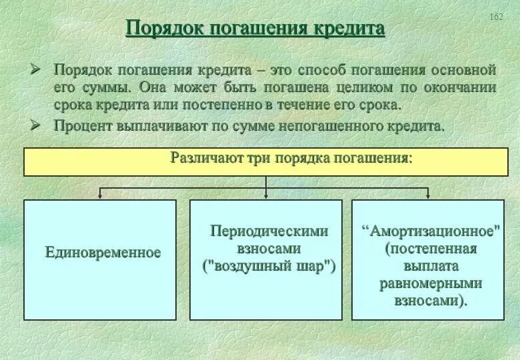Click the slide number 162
(x=496, y=17)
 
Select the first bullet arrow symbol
(x=37, y=69)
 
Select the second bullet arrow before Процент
(x=37, y=124)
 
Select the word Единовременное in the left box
(x=103, y=253)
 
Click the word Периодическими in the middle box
(x=269, y=231)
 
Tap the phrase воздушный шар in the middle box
(x=269, y=267)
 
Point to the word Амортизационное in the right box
(x=431, y=231)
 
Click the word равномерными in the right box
(x=431, y=283)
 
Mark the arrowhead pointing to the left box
(x=100, y=195)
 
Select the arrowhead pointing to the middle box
(x=265, y=195)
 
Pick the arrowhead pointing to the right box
(x=428, y=195)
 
